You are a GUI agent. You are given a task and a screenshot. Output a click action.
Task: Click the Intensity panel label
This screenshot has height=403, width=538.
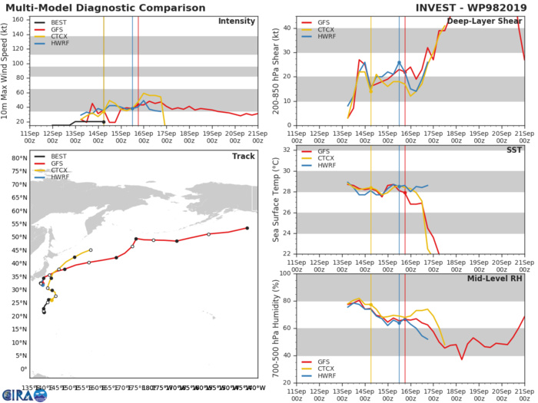pos(237,21)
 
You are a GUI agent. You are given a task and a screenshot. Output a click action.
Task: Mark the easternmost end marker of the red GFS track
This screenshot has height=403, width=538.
pos(247,227)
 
